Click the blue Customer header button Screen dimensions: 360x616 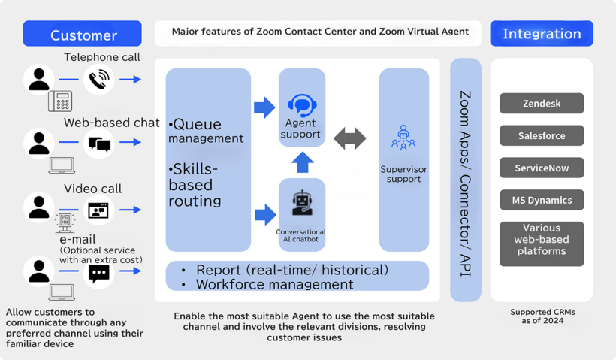83,34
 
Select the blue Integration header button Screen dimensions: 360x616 541,34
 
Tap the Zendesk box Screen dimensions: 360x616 542,103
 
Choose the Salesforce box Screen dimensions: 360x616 542,135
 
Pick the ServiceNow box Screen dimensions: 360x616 542,168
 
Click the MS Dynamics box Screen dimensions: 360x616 542,200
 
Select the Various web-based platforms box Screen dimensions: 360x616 542,244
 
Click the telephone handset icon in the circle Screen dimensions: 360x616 98,79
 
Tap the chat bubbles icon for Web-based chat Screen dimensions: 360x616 98,143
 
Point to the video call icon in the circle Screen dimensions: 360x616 98,210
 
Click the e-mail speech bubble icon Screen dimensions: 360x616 98,274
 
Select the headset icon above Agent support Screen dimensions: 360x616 302,104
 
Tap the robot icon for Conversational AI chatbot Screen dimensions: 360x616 302,203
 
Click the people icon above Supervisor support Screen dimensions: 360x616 403,138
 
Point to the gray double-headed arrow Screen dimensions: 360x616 350,138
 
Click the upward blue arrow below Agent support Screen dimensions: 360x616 302,162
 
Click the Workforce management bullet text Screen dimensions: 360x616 274,284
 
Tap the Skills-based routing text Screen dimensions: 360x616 195,185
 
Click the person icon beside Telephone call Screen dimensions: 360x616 39,79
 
